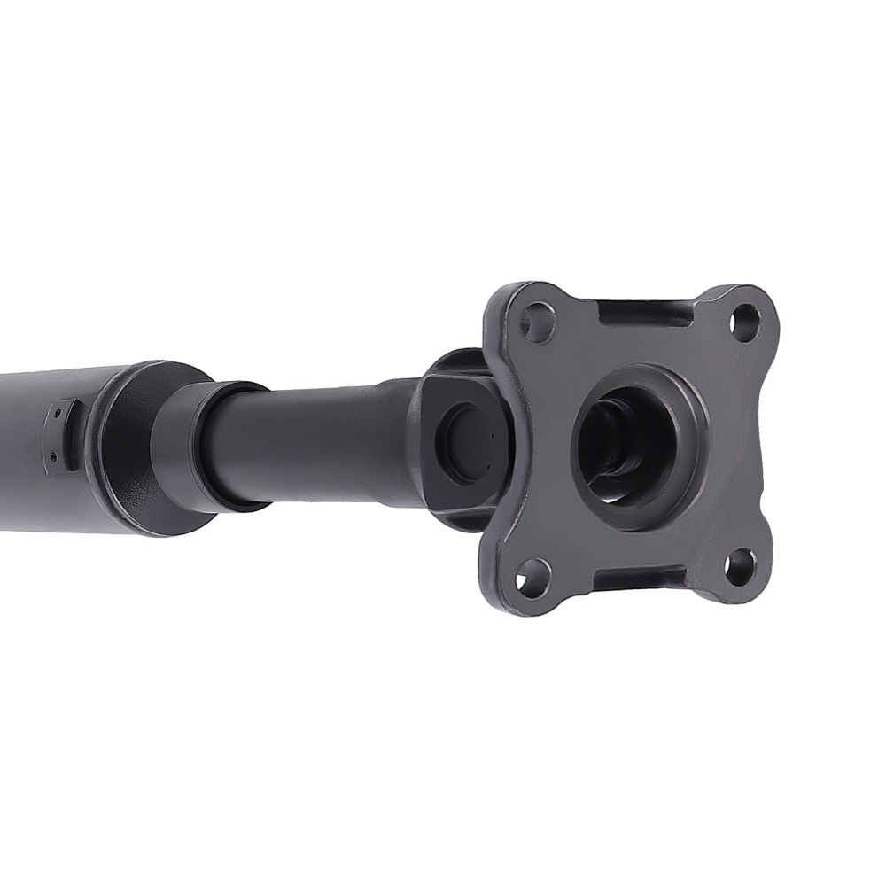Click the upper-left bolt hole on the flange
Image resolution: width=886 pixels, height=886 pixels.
click(x=537, y=323)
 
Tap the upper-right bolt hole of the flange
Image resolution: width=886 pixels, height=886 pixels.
click(x=745, y=323)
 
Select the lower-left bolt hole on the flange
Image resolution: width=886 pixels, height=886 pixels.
click(x=533, y=576)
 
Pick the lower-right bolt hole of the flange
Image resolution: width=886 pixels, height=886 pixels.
click(x=740, y=567)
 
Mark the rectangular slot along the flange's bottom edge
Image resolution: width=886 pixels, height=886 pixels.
click(x=636, y=581)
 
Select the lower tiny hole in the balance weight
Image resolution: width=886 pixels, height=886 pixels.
click(x=54, y=457)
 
